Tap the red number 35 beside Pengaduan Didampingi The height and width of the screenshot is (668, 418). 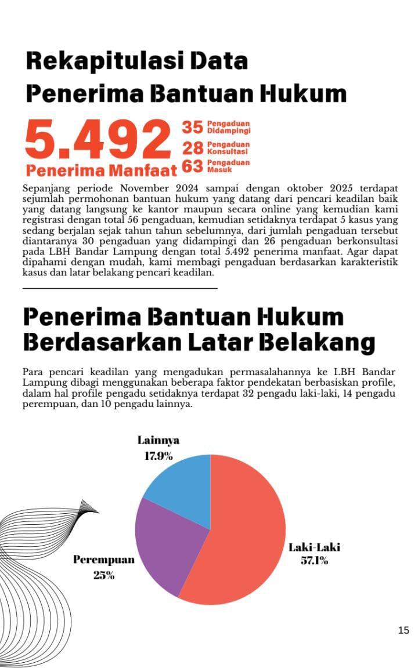pyautogui.click(x=193, y=127)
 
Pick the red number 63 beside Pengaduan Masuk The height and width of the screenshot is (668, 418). pyautogui.click(x=193, y=167)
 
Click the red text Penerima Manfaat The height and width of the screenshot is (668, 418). pyautogui.click(x=102, y=170)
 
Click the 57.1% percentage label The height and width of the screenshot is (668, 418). pyautogui.click(x=315, y=561)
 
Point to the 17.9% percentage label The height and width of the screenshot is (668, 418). pyautogui.click(x=158, y=456)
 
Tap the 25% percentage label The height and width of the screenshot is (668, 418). pyautogui.click(x=104, y=576)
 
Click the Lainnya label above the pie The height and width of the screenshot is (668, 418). pyautogui.click(x=158, y=441)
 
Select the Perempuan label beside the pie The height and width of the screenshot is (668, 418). pyautogui.click(x=104, y=560)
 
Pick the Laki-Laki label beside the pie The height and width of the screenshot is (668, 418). pyautogui.click(x=315, y=547)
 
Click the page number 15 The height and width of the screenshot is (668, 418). pyautogui.click(x=404, y=631)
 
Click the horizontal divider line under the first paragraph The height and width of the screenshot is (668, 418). pyautogui.click(x=120, y=288)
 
